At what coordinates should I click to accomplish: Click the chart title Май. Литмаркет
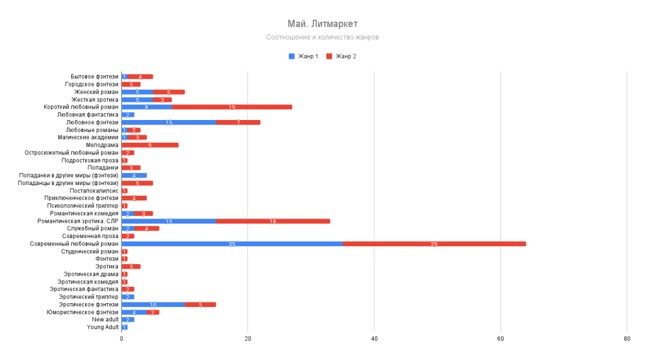[x=322, y=24]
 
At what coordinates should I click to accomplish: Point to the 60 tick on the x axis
[x=500, y=339]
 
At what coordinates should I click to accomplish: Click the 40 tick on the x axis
[x=374, y=339]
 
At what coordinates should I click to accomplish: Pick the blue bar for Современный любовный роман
[x=232, y=244]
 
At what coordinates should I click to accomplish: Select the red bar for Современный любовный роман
[x=434, y=244]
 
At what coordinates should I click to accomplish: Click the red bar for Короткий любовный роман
[x=232, y=107]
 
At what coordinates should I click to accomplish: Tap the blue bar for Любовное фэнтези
[x=169, y=123]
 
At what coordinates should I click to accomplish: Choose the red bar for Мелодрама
[x=150, y=145]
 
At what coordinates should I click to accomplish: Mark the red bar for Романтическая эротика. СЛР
[x=273, y=221]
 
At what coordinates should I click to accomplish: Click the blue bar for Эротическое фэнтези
[x=153, y=304]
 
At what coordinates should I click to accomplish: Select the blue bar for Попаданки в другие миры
[x=134, y=176]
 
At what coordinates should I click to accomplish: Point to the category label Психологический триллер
[x=82, y=206]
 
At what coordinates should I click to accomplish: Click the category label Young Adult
[x=103, y=327]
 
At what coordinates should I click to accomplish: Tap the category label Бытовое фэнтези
[x=94, y=77]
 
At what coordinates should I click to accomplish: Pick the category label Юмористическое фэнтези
[x=82, y=312]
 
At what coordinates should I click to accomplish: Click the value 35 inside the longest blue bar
[x=232, y=244]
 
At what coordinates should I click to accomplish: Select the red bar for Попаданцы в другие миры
[x=137, y=183]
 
